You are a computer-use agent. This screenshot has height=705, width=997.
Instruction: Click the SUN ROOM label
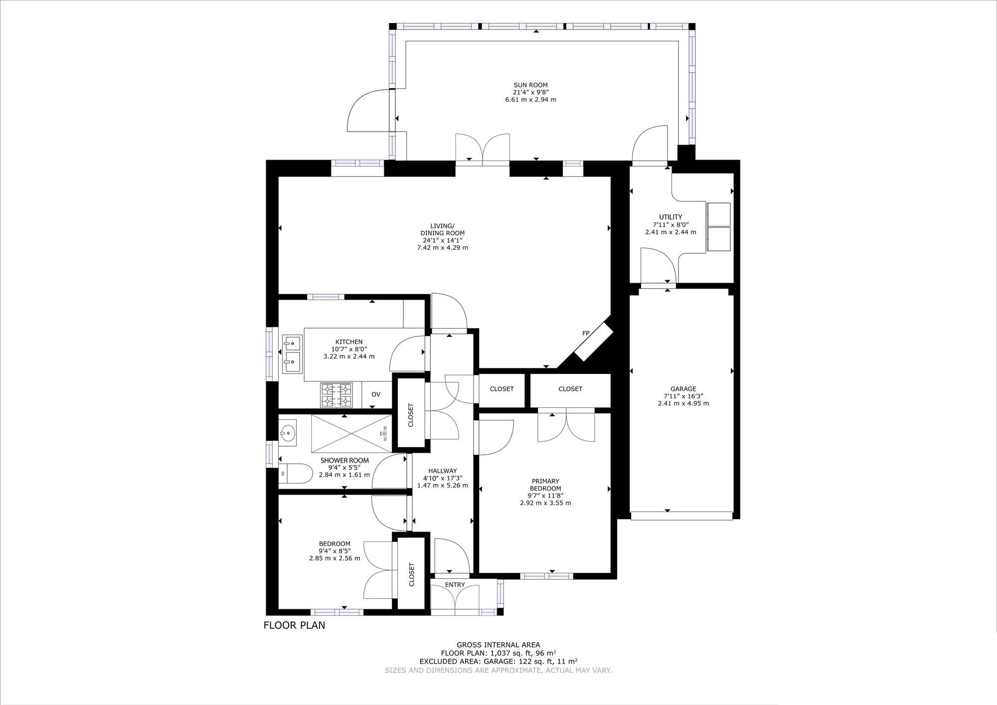pos(530,85)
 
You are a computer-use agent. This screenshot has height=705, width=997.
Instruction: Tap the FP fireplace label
pos(586,333)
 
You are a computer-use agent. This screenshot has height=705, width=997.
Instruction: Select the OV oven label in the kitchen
pos(376,394)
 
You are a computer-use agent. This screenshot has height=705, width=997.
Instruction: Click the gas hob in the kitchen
pos(336,395)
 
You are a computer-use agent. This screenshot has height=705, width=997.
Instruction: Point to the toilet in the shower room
pos(294,473)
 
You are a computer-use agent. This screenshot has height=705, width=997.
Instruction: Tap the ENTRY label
pos(455,585)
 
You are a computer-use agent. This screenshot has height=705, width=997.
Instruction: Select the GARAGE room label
pos(683,389)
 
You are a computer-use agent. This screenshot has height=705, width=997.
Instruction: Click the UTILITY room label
pos(670,217)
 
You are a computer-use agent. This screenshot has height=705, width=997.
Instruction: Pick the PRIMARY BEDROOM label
pos(545,485)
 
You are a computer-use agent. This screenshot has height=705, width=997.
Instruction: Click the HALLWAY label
pos(442,471)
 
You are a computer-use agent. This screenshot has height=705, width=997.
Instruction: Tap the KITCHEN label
pos(349,342)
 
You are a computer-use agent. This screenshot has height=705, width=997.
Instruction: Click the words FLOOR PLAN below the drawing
pos(294,625)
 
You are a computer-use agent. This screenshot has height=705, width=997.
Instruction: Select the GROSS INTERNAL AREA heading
pos(498,645)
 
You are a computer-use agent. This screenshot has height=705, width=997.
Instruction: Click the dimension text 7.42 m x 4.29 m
pos(442,248)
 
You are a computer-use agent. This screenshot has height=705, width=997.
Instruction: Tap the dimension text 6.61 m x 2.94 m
pos(530,100)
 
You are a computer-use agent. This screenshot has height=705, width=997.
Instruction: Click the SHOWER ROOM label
pos(344,460)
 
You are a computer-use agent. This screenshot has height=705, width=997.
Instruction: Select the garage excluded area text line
pos(498,661)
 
